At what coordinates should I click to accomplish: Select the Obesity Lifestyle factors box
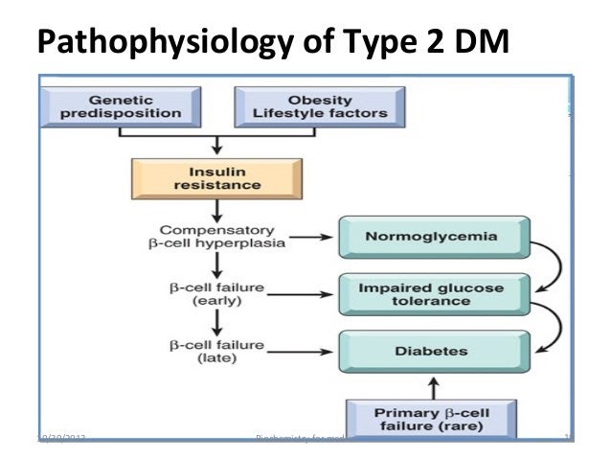(319, 105)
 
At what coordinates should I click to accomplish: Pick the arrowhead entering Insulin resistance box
(219, 150)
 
